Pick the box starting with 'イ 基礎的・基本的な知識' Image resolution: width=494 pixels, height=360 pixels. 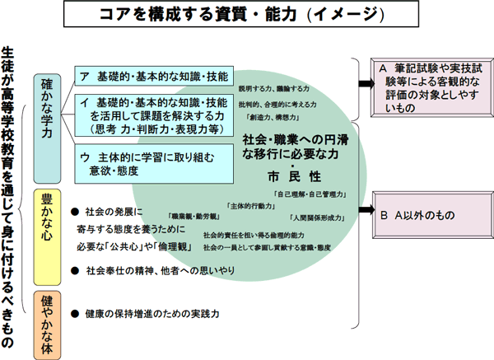[151, 115]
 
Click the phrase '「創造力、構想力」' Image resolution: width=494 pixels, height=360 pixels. [272, 118]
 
